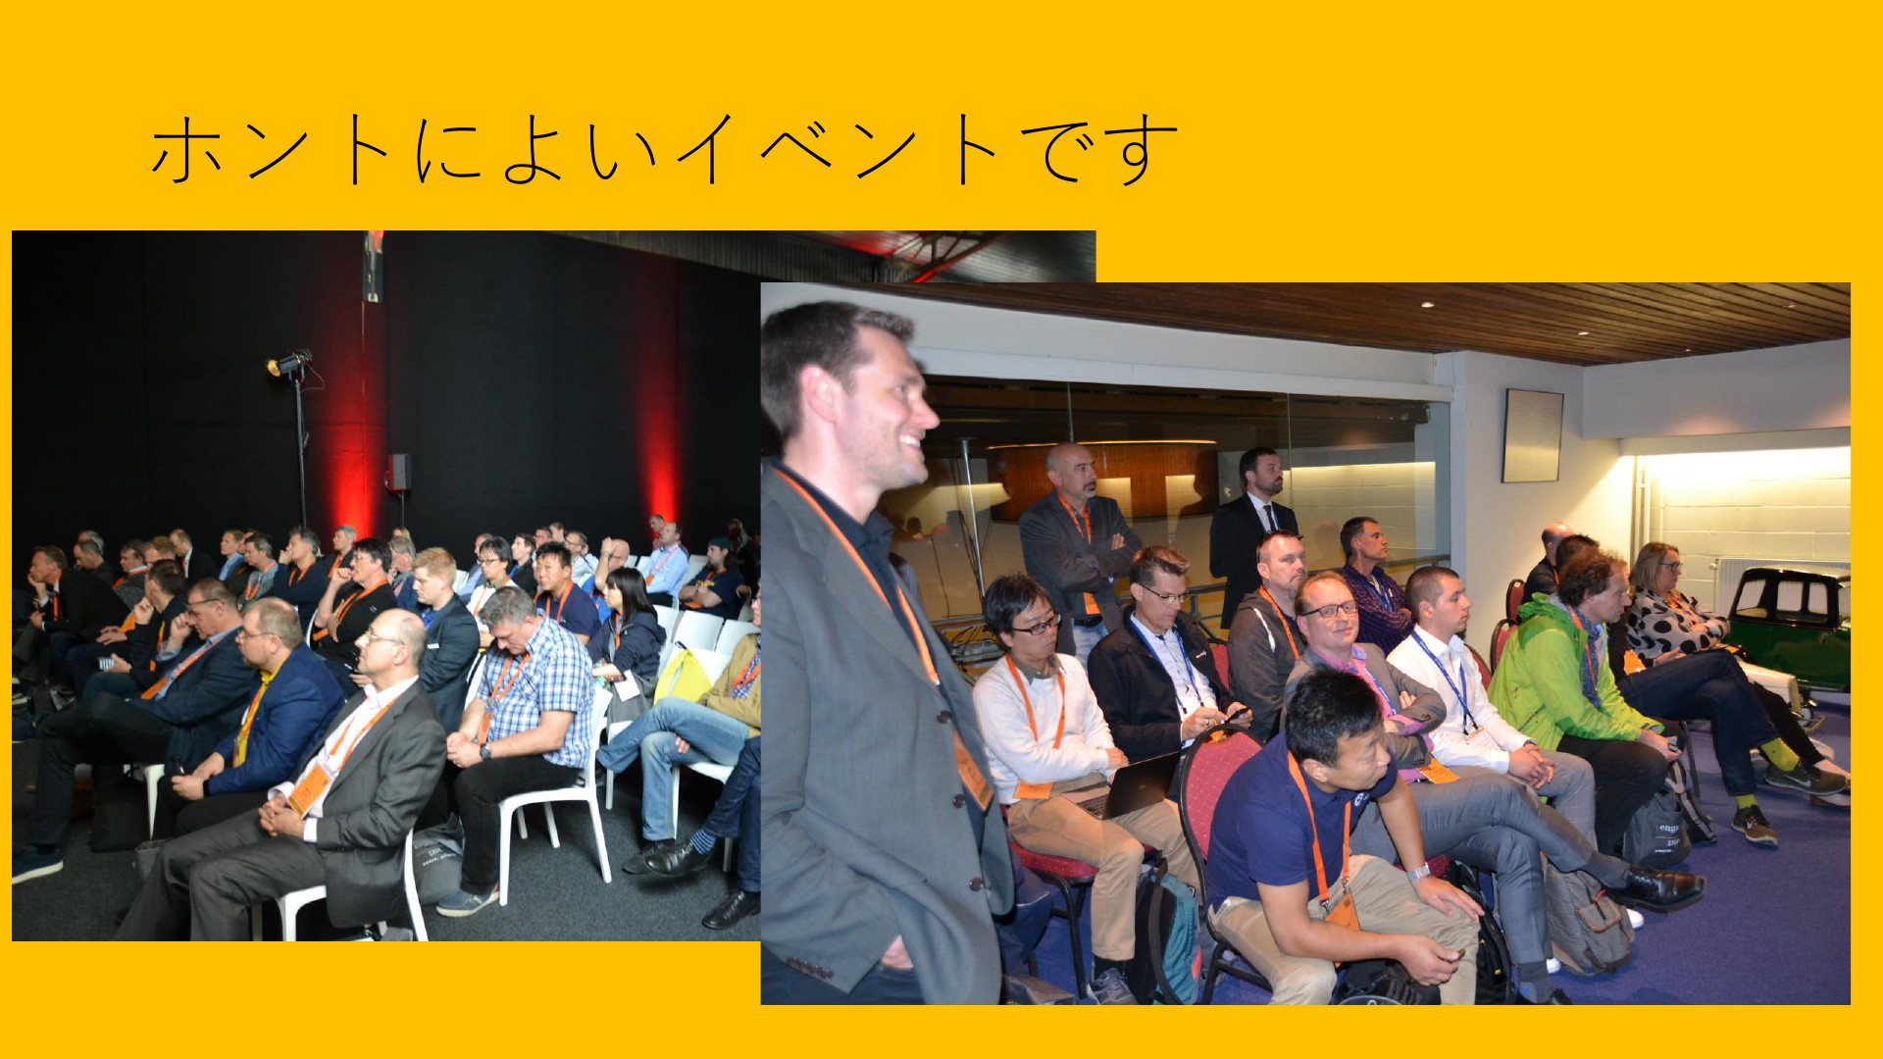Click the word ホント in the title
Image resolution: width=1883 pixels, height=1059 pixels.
tap(270, 150)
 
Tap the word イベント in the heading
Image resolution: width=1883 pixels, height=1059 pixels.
tap(838, 150)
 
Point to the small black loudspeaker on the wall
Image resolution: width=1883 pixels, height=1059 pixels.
tap(398, 472)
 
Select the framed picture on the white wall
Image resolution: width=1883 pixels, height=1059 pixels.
tap(1532, 435)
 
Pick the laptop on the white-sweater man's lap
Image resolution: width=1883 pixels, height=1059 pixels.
tap(1138, 784)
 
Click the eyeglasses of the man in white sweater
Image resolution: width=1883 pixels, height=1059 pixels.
tap(1038, 624)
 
